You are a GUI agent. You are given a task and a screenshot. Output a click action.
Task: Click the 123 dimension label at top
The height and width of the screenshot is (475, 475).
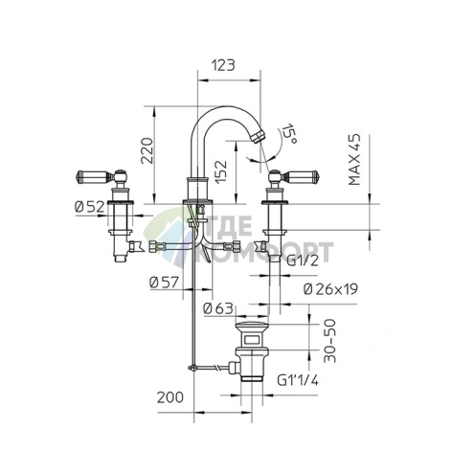click(x=223, y=65)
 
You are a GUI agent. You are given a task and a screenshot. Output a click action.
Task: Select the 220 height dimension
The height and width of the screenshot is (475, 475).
click(x=147, y=150)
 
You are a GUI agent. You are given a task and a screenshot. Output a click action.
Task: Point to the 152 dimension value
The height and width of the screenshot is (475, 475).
click(x=220, y=171)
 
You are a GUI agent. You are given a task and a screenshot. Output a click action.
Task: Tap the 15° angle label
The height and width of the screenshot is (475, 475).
click(x=288, y=133)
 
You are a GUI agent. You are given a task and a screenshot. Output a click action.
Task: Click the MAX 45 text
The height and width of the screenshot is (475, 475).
click(x=354, y=159)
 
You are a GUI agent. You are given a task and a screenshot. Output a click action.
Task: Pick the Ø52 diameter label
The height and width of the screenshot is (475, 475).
click(x=89, y=207)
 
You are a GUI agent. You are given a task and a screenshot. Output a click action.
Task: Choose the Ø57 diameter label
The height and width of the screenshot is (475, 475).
click(x=164, y=283)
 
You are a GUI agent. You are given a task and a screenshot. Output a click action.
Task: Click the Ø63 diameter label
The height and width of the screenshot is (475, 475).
click(x=218, y=308)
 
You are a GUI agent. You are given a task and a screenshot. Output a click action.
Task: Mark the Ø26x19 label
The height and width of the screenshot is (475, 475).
click(x=330, y=289)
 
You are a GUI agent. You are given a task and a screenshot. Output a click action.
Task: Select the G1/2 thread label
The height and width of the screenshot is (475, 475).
click(x=303, y=261)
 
